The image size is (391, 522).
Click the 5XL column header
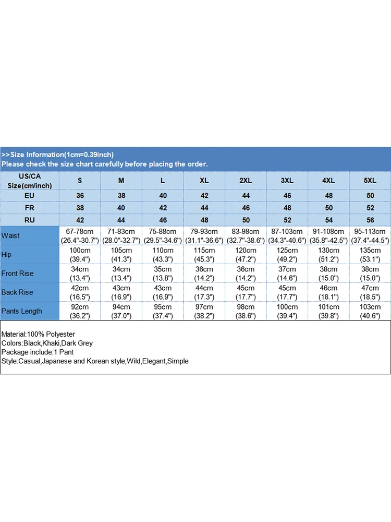370,181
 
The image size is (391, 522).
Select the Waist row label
10,235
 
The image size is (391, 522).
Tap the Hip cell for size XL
204,254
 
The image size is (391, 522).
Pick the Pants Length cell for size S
80,311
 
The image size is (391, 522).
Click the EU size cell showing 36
80,196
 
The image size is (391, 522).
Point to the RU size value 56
370,220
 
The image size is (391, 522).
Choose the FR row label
30,208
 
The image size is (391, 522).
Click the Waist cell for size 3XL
287,235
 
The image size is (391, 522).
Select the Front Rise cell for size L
163,273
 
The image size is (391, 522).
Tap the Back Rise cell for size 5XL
370,292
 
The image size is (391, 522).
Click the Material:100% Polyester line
39,334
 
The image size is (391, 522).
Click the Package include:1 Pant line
38,352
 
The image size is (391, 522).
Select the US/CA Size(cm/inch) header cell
30,181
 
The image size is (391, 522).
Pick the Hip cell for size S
80,254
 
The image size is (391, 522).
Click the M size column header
121,181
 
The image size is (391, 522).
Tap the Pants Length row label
21,311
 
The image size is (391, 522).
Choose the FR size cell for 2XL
246,208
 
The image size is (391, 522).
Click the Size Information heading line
57,155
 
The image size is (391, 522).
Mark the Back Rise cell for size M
121,292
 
